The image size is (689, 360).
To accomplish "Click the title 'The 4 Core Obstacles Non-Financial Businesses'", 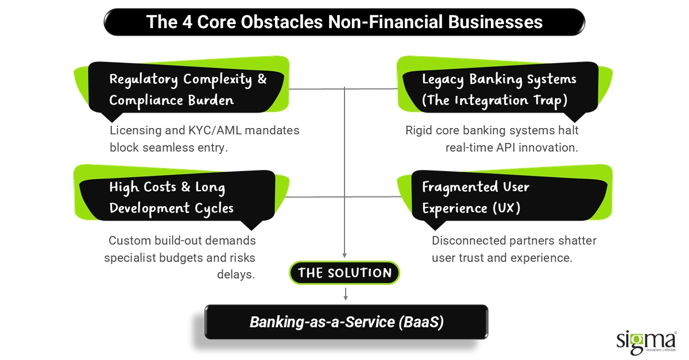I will point(344,22).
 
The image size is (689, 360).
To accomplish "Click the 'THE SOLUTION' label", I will point(344,273).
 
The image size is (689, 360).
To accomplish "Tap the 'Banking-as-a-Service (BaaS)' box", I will point(346,322).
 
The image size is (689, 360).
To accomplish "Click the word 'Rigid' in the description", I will point(420,130).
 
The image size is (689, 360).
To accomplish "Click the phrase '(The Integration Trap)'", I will point(494,100).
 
